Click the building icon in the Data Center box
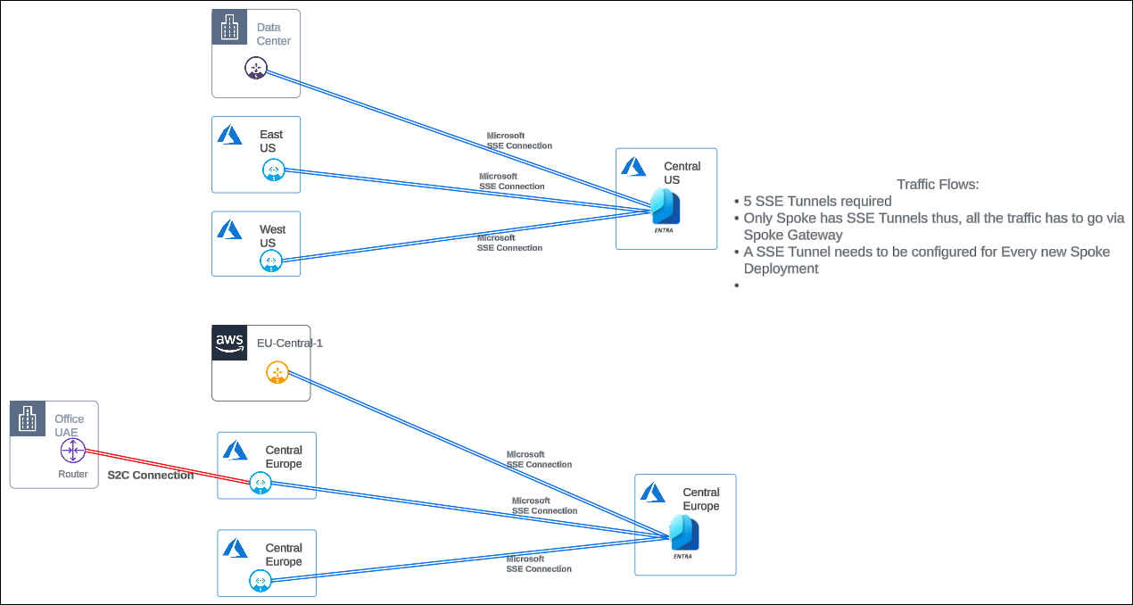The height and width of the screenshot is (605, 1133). tap(229, 28)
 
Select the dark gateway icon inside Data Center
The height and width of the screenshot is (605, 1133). tap(255, 68)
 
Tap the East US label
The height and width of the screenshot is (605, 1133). tap(270, 141)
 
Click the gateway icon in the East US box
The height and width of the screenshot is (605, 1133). tap(272, 170)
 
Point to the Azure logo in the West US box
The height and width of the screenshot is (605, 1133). tap(230, 229)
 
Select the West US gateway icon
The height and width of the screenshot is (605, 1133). tap(271, 261)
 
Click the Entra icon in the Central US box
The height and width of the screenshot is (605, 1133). tap(666, 208)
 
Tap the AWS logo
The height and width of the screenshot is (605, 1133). tap(229, 343)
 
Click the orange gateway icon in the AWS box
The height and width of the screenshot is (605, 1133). tap(277, 373)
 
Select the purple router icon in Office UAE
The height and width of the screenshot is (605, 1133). tap(72, 452)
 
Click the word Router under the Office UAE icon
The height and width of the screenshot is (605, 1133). tap(73, 475)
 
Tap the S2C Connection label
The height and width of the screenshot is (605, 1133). tap(151, 476)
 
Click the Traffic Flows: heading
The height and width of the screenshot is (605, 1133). tap(938, 185)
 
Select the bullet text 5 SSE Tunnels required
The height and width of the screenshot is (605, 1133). tap(817, 202)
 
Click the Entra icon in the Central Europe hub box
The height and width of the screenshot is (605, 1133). tap(684, 534)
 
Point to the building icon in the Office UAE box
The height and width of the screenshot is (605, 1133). tap(27, 419)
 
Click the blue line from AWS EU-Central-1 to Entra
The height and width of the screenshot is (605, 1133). tap(473, 455)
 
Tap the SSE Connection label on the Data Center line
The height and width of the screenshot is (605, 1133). tap(518, 141)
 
